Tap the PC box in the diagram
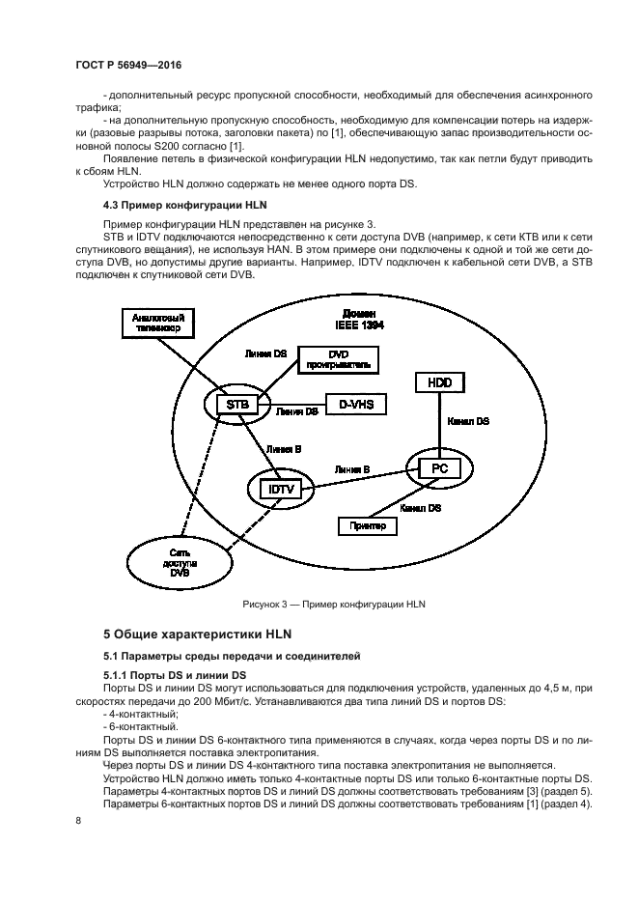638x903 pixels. click(x=439, y=468)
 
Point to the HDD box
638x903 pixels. click(x=439, y=383)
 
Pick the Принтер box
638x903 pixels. click(x=368, y=525)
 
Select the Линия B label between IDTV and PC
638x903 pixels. click(x=352, y=469)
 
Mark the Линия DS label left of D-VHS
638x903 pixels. click(x=297, y=411)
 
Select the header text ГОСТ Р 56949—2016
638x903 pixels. click(x=128, y=65)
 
